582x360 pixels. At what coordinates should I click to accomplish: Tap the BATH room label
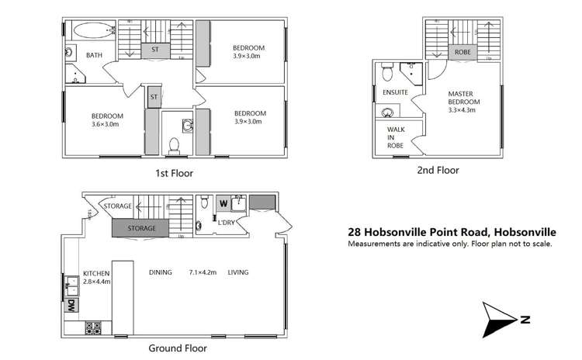[x=94, y=55]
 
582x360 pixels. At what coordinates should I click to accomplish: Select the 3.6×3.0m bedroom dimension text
[x=105, y=124]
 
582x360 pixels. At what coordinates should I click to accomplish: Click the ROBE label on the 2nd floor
[x=462, y=53]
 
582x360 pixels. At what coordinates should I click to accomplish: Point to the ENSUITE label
[x=396, y=92]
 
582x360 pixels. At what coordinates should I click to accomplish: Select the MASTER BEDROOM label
[x=464, y=102]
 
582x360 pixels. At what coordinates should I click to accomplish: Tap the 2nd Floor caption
[x=438, y=170]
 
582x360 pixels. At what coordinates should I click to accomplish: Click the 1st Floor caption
[x=173, y=174]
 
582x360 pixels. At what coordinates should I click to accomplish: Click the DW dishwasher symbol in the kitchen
[x=71, y=304]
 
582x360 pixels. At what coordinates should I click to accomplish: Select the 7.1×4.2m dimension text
[x=203, y=273]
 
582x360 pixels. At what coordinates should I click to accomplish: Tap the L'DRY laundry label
[x=227, y=223]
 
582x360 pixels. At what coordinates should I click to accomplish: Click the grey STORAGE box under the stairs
[x=142, y=229]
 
